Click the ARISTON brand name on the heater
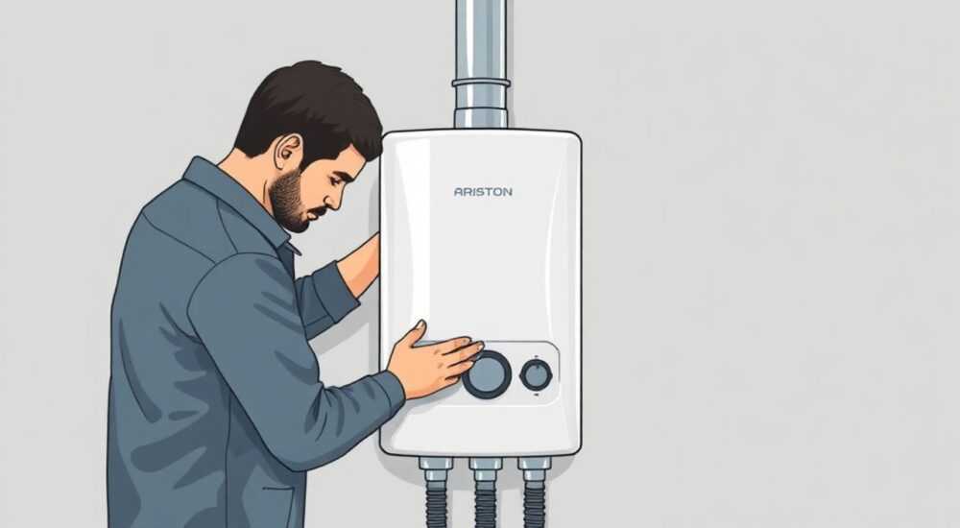coord(483,192)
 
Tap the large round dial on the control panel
coord(488,374)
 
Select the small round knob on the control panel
coord(536,374)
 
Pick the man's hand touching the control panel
coord(434,358)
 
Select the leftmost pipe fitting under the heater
coord(436,469)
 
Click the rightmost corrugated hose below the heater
coord(535,505)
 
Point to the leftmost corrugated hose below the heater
coord(436,505)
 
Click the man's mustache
coord(319,213)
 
